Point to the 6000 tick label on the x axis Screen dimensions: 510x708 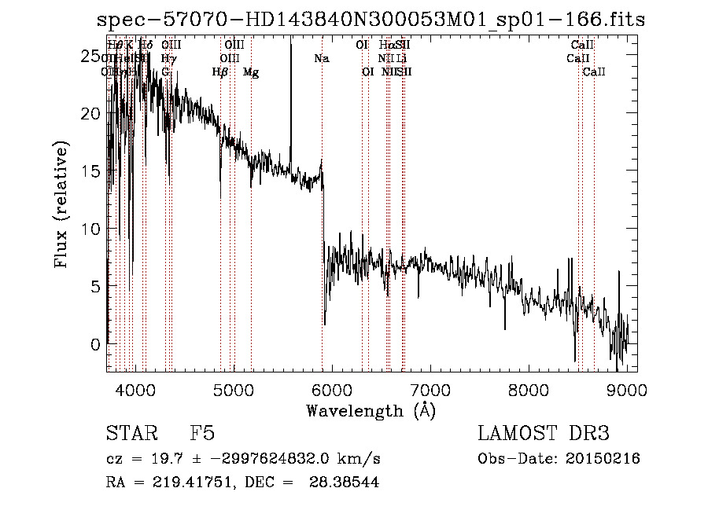[x=332, y=390]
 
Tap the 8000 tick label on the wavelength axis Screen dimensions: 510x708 [x=529, y=390]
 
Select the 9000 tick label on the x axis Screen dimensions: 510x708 [x=627, y=390]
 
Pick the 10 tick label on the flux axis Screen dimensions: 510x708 [x=93, y=229]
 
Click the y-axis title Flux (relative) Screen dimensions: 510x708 [x=62, y=204]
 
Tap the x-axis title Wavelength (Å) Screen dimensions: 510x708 [x=371, y=410]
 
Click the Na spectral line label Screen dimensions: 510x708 [x=321, y=59]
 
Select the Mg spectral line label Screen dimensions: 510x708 [x=251, y=72]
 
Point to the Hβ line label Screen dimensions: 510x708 [x=220, y=72]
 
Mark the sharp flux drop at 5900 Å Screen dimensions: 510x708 [x=323, y=251]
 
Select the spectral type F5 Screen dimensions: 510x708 [x=202, y=434]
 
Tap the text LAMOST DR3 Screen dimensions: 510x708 [x=544, y=434]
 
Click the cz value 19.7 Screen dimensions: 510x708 [x=157, y=459]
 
